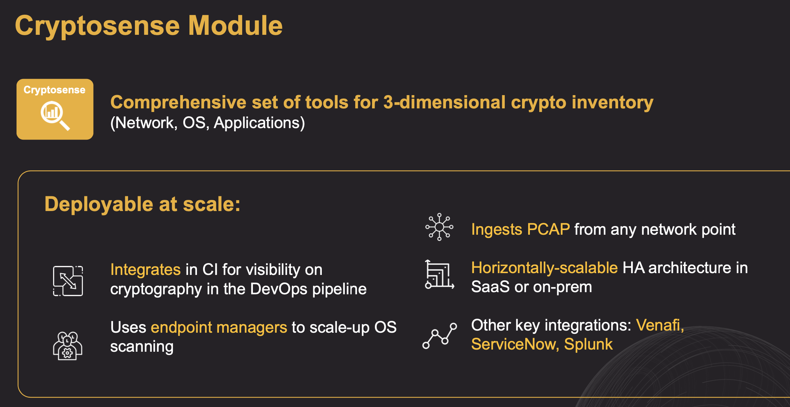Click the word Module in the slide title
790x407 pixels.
(235, 26)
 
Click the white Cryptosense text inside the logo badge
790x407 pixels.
(55, 90)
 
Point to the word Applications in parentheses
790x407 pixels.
(257, 123)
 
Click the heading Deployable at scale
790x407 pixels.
(142, 204)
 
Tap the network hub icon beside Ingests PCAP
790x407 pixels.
(439, 227)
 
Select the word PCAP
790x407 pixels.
(548, 229)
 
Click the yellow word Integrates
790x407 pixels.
(145, 270)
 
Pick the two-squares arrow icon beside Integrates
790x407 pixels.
(68, 281)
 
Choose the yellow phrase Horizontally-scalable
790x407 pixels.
(544, 268)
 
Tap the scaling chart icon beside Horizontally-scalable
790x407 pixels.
(439, 275)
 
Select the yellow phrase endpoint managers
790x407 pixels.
(219, 328)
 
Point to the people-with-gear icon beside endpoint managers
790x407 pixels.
(67, 346)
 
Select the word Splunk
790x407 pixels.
(588, 345)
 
